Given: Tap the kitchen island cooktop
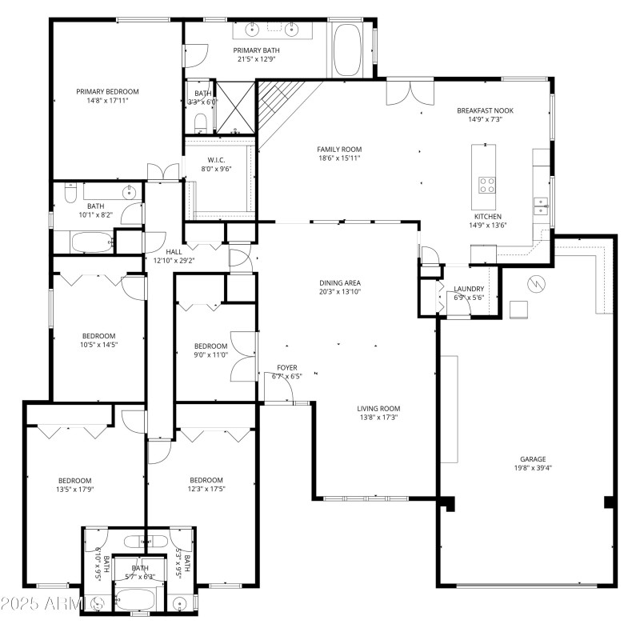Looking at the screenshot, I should pyautogui.click(x=486, y=185).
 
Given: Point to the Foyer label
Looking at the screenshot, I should pyautogui.click(x=288, y=367).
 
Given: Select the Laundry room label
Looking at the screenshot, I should pyautogui.click(x=469, y=289).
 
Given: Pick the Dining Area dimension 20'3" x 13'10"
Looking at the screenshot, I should pyautogui.click(x=339, y=292).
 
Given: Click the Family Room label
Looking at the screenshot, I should pyautogui.click(x=339, y=149).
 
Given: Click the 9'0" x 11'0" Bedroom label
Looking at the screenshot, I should pyautogui.click(x=210, y=346).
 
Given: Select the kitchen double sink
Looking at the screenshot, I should pyautogui.click(x=542, y=210).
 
